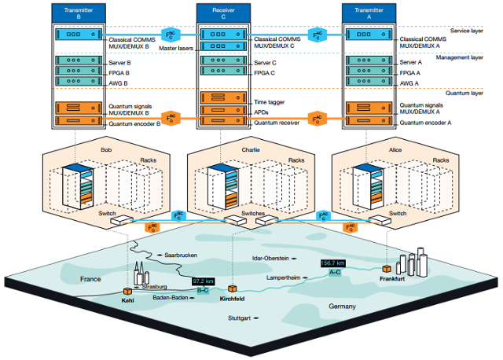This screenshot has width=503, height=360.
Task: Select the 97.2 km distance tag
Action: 204,281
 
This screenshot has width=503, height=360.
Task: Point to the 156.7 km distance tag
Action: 334,263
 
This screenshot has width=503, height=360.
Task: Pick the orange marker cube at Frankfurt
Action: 387,268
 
